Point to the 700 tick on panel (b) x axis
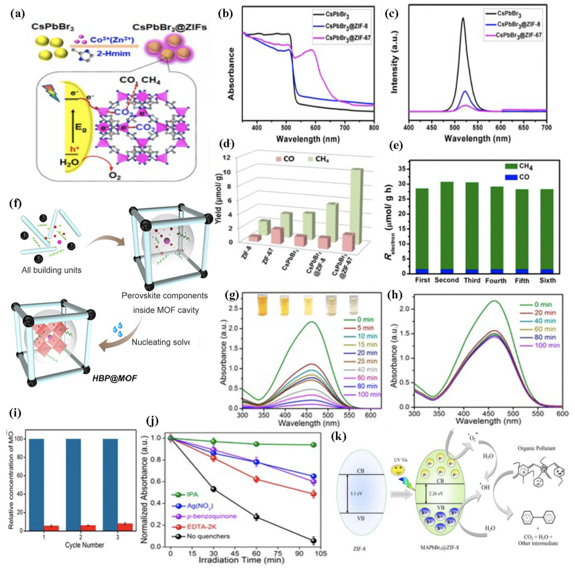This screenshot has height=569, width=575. (x=345, y=128)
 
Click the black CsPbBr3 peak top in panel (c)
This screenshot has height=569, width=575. (x=463, y=18)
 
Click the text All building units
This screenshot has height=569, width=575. (x=51, y=270)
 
